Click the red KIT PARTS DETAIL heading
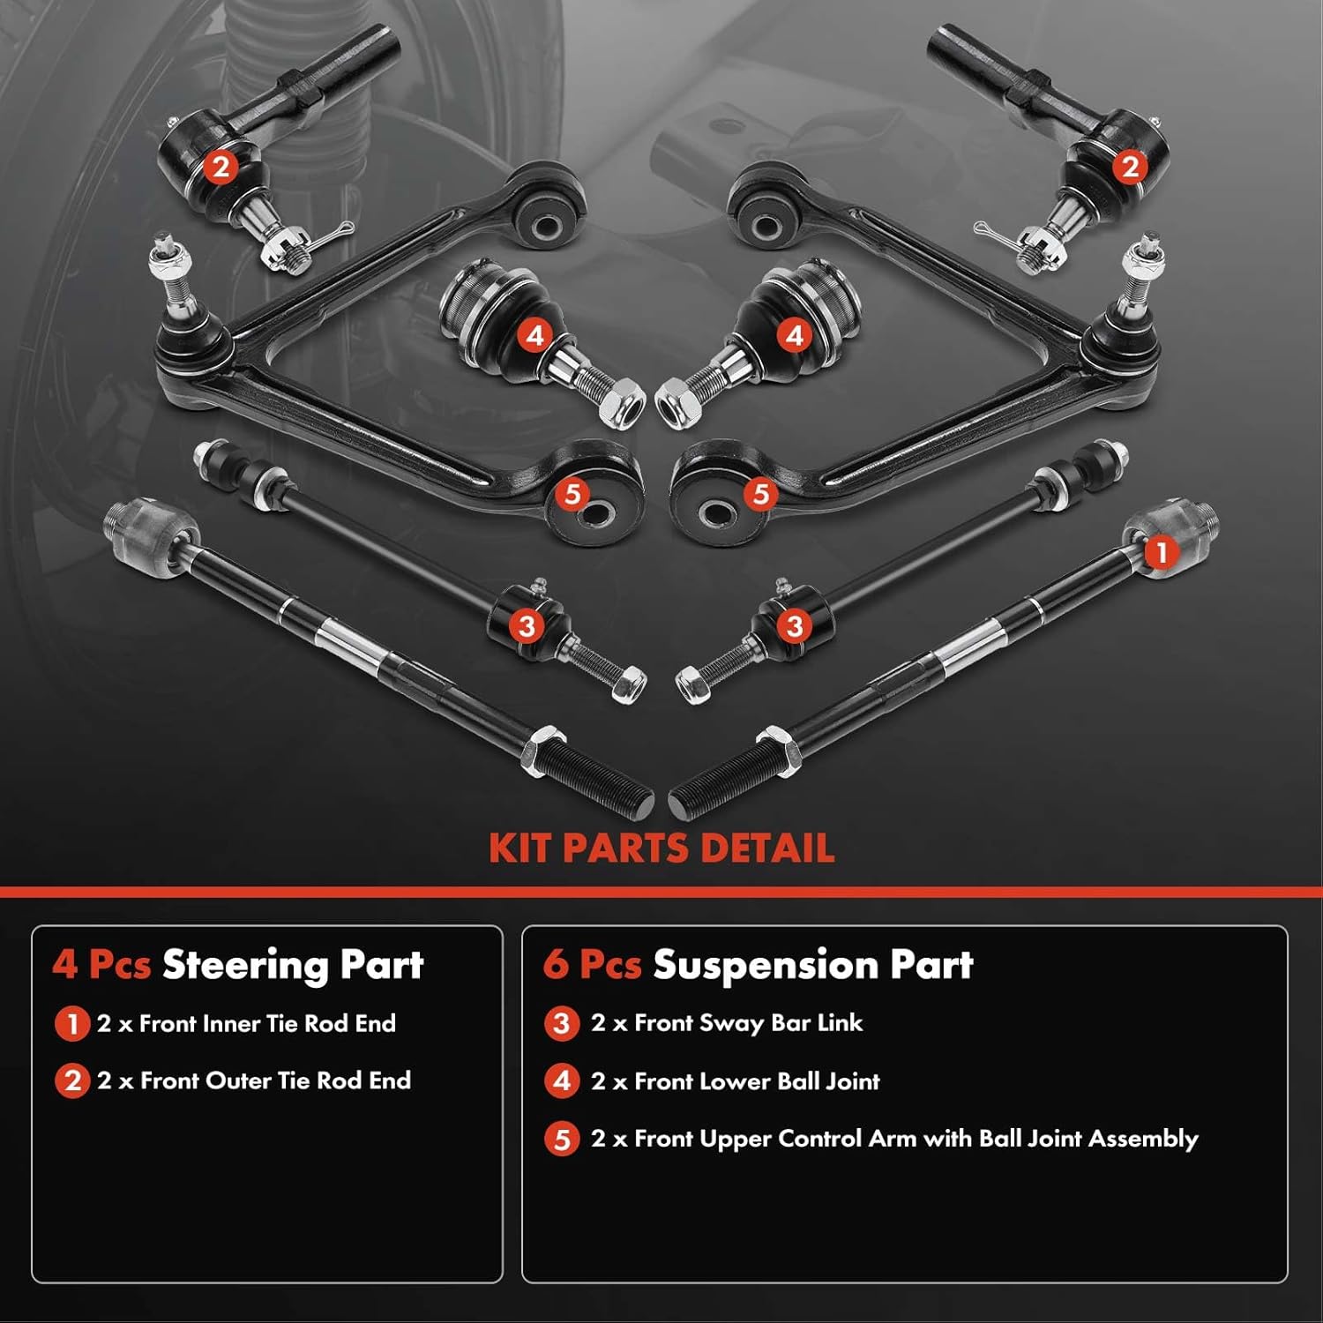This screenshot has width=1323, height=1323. click(x=661, y=848)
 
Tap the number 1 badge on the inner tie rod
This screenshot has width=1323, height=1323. click(x=1161, y=552)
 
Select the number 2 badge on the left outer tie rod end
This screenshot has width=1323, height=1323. click(x=220, y=166)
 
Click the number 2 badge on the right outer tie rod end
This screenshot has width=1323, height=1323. click(x=1130, y=166)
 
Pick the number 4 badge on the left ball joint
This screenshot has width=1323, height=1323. click(x=534, y=335)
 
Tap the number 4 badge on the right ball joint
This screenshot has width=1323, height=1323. click(x=795, y=335)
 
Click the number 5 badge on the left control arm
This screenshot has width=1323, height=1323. click(x=572, y=494)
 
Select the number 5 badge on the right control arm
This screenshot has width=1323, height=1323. click(x=761, y=494)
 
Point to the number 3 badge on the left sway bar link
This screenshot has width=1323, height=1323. click(x=527, y=626)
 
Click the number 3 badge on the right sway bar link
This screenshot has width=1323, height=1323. click(x=794, y=626)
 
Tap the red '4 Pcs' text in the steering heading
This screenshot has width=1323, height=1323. click(x=101, y=965)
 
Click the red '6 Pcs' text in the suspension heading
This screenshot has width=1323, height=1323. click(x=592, y=965)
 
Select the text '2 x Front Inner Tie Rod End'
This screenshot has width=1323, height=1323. click(x=246, y=1024)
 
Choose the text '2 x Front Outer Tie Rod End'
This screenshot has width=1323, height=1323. click(x=254, y=1081)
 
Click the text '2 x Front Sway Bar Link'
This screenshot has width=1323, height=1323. click(x=727, y=1023)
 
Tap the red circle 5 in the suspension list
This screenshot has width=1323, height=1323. click(x=562, y=1140)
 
